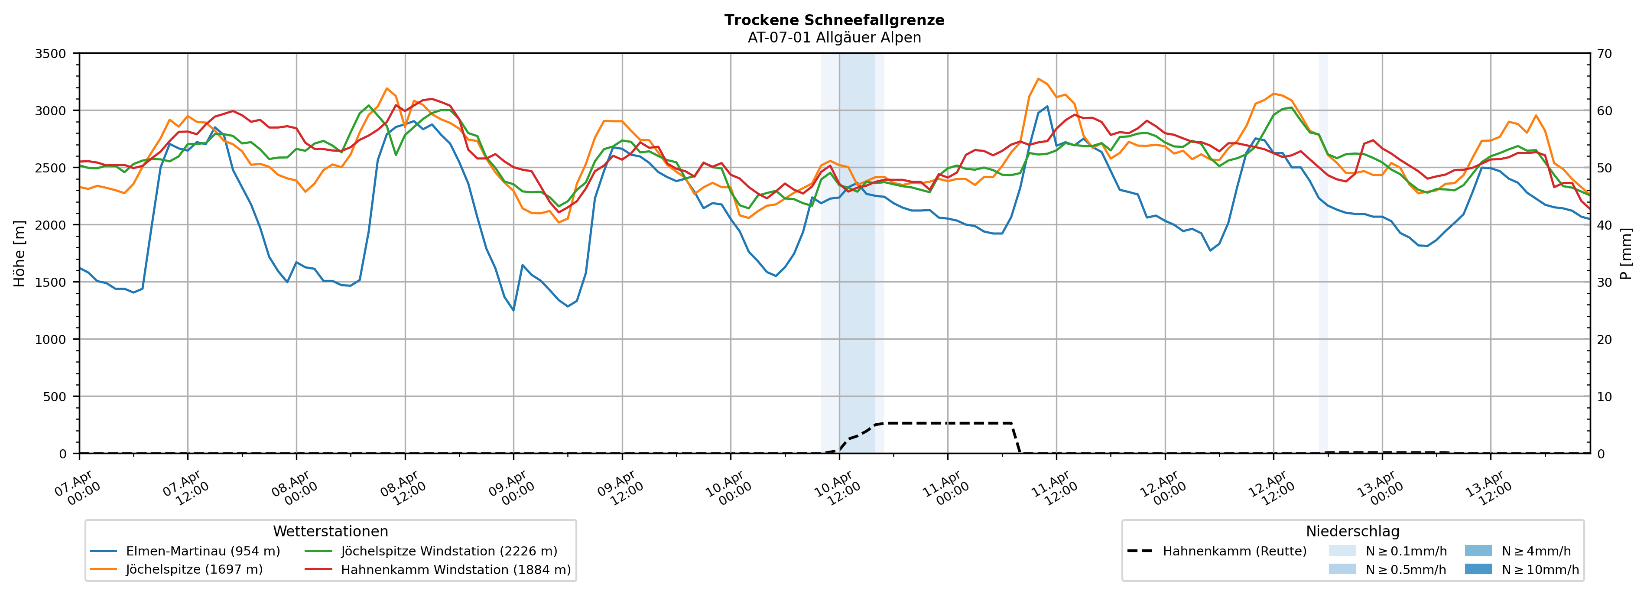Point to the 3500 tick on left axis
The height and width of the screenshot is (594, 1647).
51,54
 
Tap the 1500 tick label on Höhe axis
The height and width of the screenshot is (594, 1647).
51,282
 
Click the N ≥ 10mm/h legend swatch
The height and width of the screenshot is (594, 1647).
1478,569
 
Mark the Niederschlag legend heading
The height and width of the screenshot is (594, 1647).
1352,531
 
